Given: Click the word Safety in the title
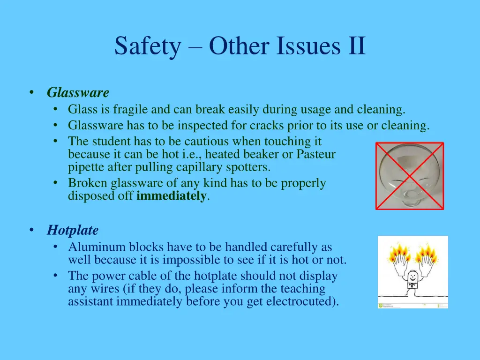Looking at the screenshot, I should click(147, 46).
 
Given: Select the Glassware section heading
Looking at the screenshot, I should click(78, 93).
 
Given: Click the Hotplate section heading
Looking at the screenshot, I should click(73, 230).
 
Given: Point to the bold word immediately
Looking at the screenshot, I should click(171, 196).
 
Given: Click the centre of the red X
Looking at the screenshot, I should click(410, 176).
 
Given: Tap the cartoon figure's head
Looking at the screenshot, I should click(412, 276).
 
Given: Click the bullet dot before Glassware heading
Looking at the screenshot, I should click(31, 93).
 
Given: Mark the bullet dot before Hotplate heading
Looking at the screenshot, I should click(31, 230).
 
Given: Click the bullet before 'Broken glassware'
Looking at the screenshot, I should click(56, 183).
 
